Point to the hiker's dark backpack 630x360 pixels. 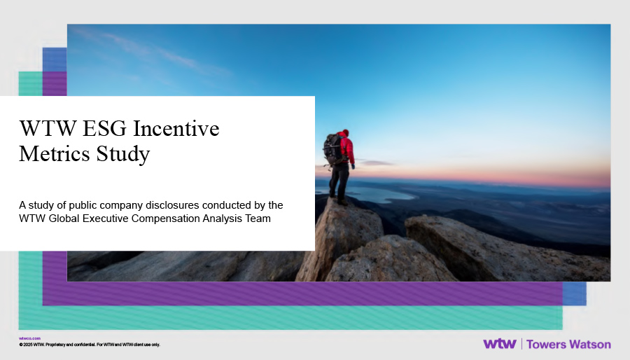coord(332,149)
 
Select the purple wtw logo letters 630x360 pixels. coord(499,344)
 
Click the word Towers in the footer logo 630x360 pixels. coord(547,344)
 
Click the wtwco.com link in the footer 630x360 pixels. coord(29,338)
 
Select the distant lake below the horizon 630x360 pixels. coord(374,193)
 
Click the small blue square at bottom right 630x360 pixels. coord(574,293)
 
